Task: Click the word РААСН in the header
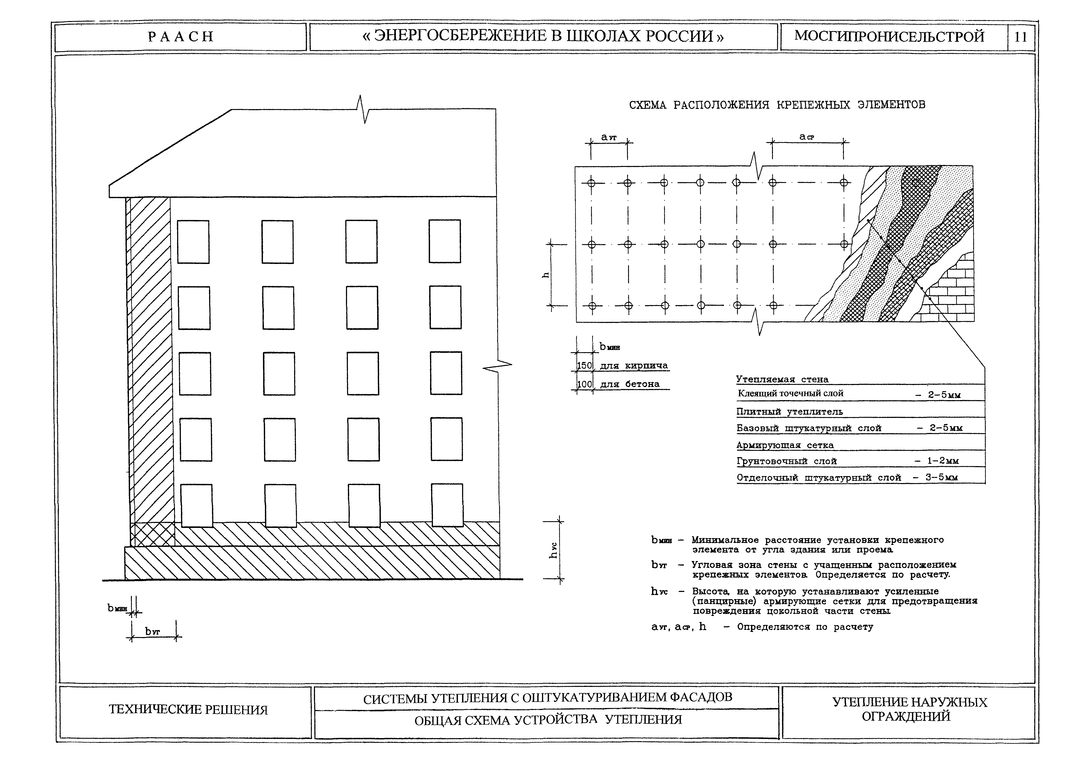181,37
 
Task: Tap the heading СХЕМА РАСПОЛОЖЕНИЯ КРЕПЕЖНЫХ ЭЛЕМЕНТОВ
777,105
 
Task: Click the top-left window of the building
193,242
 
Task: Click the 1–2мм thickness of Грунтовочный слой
937,461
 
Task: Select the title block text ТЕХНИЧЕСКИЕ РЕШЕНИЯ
188,709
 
